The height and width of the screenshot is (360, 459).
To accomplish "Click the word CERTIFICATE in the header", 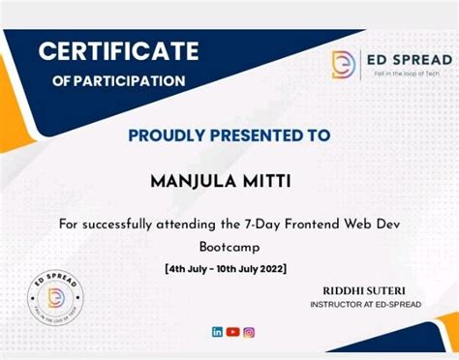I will point(119,50).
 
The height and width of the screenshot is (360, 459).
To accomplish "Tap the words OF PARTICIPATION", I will point(118,79).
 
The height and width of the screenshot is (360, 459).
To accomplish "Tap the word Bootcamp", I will point(229,246).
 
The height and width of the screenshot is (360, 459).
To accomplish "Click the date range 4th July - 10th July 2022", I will point(229,267).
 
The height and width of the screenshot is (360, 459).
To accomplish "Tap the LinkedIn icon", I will point(217,332).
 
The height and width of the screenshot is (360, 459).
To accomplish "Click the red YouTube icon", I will point(232,332).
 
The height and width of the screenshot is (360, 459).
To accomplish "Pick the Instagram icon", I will point(249,332).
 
